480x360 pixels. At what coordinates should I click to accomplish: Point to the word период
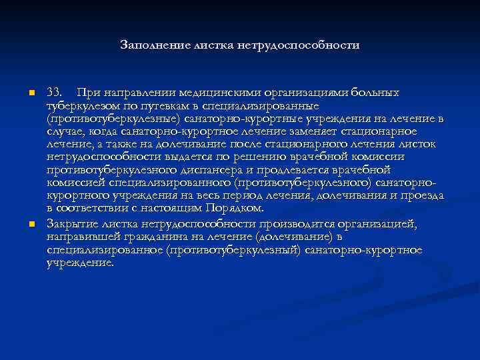coord(243,197)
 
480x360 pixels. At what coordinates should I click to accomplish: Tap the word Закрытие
coord(73,223)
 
